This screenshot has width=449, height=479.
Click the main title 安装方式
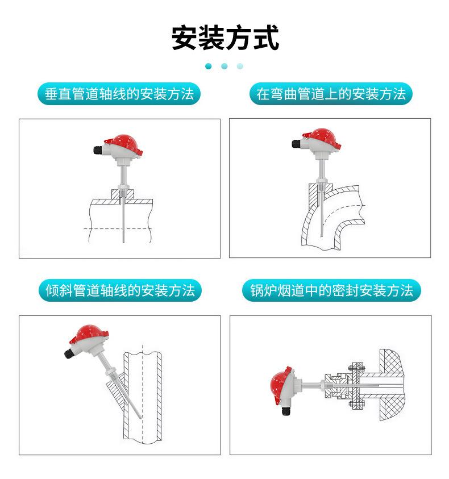click(x=225, y=38)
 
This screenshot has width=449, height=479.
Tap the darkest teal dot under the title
click(x=209, y=66)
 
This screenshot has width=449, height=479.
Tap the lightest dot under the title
click(x=240, y=66)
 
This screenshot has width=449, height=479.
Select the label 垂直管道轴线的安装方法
click(x=119, y=94)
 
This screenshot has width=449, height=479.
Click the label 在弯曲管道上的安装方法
click(x=331, y=94)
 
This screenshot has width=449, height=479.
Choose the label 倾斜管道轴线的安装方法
click(x=120, y=291)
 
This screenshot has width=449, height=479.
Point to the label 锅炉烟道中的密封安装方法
click(x=331, y=291)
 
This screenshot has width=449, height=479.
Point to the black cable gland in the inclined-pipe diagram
click(x=69, y=355)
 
